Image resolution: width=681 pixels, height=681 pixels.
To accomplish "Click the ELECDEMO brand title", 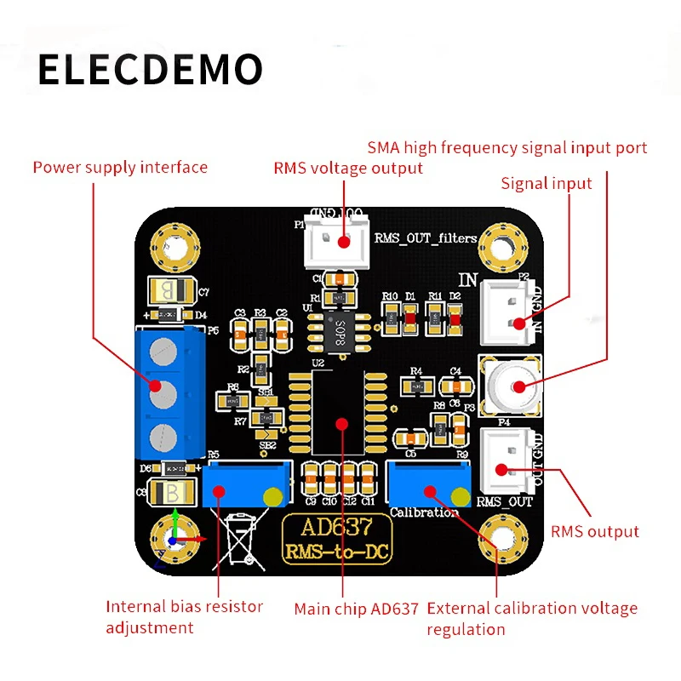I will pos(150,69).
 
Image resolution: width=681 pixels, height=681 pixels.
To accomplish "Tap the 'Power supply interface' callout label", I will pos(120,167).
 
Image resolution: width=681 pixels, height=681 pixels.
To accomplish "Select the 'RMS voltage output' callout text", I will pos(347,168).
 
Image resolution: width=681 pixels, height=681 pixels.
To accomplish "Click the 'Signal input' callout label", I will pos(546,183).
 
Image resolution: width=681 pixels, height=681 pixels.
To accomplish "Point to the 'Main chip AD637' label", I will pos(356,609).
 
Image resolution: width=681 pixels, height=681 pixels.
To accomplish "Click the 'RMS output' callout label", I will pos(594,531).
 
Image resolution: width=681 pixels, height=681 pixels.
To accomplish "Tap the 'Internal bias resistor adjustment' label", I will pos(184,617).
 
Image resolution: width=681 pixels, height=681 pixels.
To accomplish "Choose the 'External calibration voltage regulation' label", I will pos(531,619).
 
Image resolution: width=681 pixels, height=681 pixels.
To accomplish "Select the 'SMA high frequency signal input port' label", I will pos(507,148).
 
